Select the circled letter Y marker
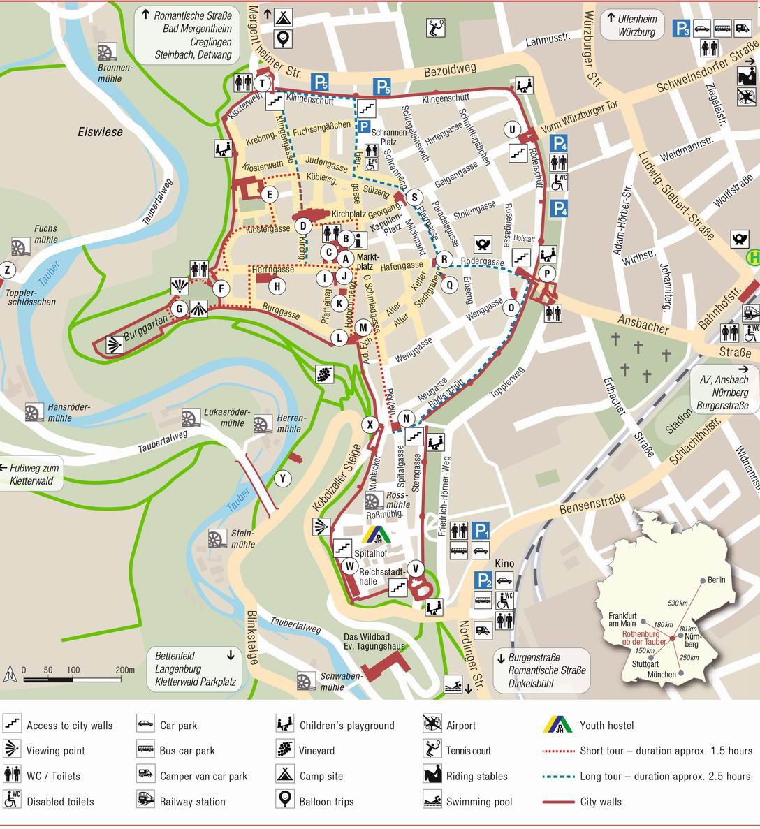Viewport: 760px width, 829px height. (283, 478)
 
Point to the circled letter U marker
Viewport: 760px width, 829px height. (513, 129)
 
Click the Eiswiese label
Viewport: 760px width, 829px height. (100, 131)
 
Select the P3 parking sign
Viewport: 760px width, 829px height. (681, 29)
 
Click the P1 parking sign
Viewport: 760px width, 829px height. (481, 530)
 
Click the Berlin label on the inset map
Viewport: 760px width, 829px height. (716, 580)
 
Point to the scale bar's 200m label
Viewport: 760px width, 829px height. (125, 670)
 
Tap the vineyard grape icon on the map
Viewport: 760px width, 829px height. (324, 374)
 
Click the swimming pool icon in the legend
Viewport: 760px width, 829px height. (432, 800)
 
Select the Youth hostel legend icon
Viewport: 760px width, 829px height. (557, 725)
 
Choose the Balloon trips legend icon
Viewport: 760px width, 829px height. (284, 800)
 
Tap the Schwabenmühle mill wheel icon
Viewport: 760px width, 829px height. (305, 682)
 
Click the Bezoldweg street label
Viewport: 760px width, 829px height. (449, 72)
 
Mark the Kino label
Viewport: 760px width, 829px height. (504, 564)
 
